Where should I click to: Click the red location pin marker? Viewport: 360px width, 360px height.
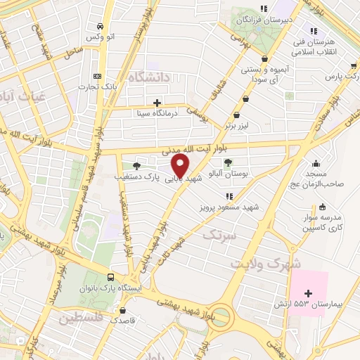point(181,165)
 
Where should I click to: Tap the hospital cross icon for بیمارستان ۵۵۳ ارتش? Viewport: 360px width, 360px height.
point(308,292)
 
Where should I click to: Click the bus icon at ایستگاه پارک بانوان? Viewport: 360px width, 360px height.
point(110,277)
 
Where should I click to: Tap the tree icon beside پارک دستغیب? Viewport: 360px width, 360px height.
point(136,165)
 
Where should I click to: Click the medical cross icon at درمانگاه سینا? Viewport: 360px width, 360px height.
point(166,103)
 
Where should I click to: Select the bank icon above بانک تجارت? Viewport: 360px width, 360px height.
point(96,76)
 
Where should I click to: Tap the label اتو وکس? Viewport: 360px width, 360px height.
point(96,36)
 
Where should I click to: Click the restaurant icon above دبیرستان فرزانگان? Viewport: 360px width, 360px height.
point(263,9)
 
